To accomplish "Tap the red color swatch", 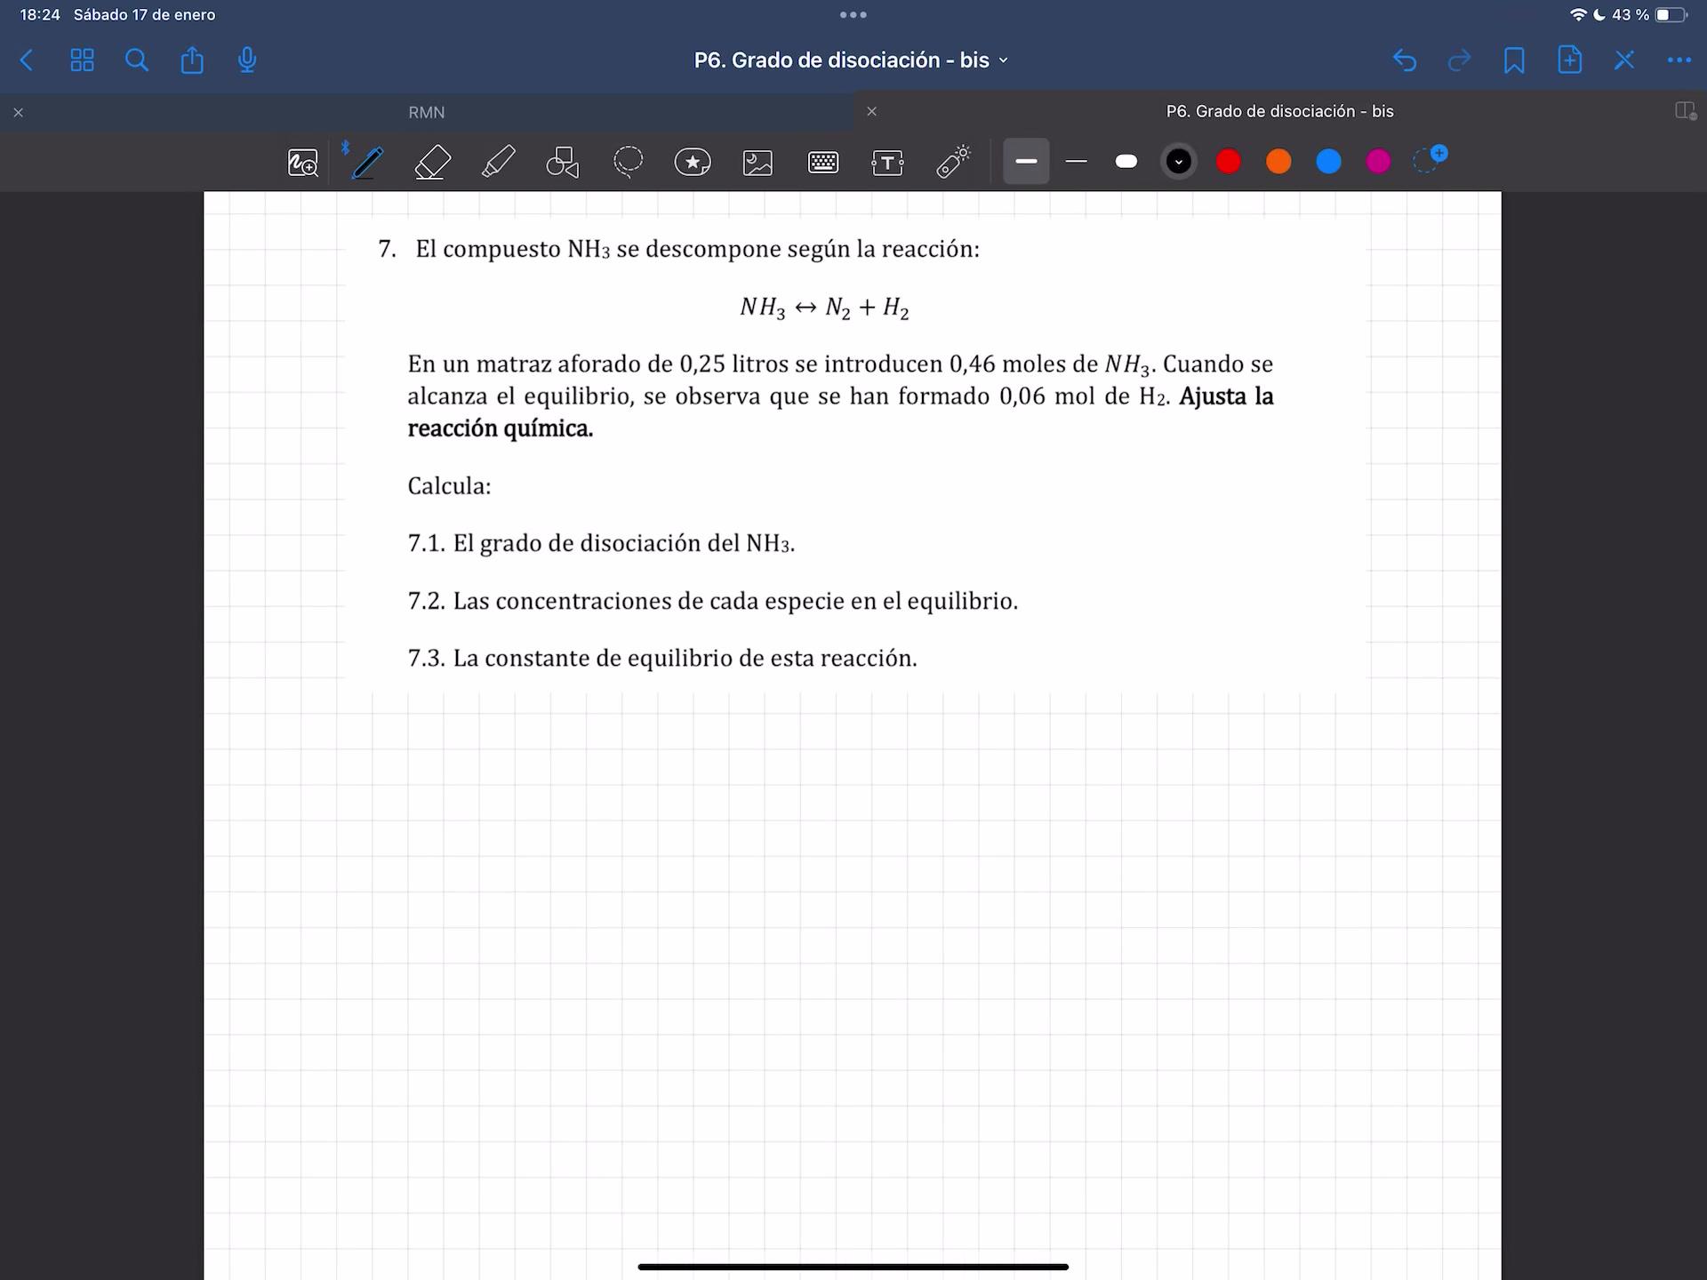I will click(1229, 162).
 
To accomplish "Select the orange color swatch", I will click(1278, 162).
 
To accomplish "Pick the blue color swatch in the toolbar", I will click(1328, 162).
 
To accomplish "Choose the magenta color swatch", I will click(1378, 162).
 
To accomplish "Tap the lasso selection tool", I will click(628, 162).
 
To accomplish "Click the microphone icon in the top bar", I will click(247, 60).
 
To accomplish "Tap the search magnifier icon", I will click(137, 60).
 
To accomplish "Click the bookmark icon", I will click(1514, 60).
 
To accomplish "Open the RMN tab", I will click(427, 113).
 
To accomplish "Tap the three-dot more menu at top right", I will click(1679, 60).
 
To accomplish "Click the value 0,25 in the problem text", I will click(702, 364).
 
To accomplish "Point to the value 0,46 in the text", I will click(972, 364).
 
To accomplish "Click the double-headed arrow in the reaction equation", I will click(805, 308).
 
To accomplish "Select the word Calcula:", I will click(449, 486).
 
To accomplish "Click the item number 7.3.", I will click(426, 659).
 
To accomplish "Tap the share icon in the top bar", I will click(192, 60).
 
